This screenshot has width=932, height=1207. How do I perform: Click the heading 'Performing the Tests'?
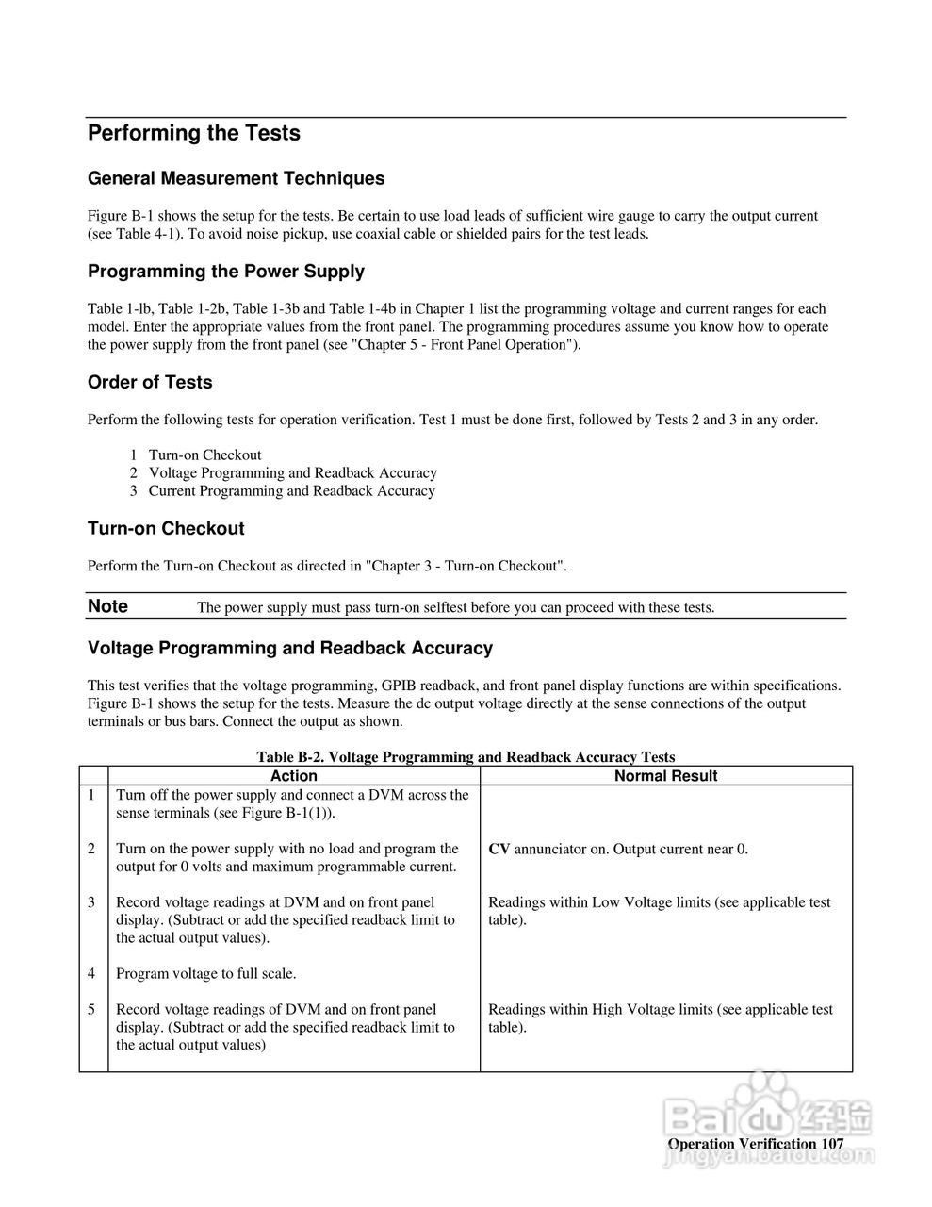click(193, 134)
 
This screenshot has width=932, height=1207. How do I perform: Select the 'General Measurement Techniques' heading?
click(236, 179)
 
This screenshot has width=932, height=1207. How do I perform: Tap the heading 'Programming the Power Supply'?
click(225, 272)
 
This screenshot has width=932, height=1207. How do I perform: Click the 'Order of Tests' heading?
click(150, 383)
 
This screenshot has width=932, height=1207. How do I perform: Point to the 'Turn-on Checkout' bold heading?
click(166, 529)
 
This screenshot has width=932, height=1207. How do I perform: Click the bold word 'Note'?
click(107, 606)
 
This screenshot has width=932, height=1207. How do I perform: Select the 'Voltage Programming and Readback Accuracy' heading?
click(289, 649)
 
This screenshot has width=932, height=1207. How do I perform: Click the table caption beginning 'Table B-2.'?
click(466, 756)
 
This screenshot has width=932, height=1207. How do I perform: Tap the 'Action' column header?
click(294, 776)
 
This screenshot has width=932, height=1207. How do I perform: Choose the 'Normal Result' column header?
click(665, 776)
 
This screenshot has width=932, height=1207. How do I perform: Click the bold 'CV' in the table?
click(499, 849)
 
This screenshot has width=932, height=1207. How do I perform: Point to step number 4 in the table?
click(91, 973)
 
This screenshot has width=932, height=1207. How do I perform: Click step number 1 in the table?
click(91, 795)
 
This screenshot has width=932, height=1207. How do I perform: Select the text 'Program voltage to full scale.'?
click(205, 973)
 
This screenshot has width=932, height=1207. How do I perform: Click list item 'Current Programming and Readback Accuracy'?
click(291, 490)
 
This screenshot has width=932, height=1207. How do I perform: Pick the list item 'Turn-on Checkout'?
click(204, 455)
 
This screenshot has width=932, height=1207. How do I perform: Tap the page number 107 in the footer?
click(832, 1144)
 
